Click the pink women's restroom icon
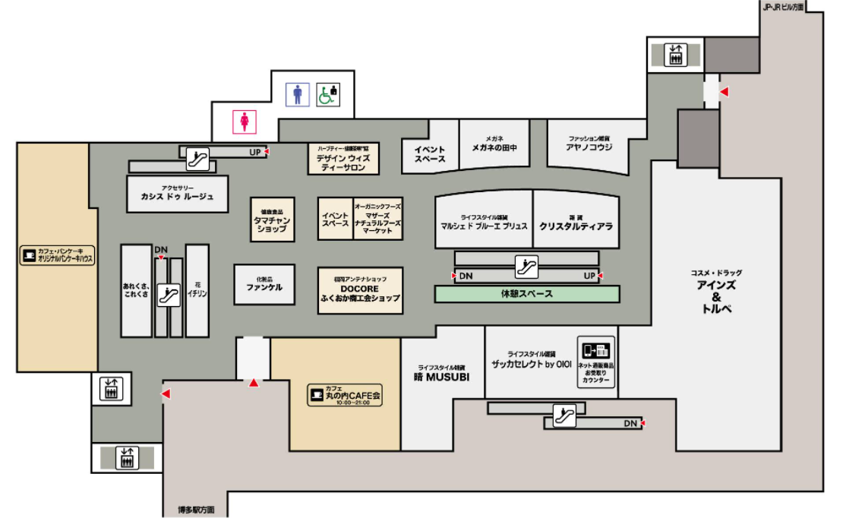(245, 120)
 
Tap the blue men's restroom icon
(298, 94)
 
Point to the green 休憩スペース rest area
(526, 294)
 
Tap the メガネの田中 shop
(494, 145)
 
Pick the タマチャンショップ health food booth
(272, 220)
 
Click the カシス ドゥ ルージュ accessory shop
(178, 194)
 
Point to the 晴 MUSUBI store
(443, 374)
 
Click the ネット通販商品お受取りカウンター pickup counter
(595, 362)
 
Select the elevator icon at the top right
(675, 55)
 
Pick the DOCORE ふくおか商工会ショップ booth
(360, 289)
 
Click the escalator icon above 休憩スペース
(526, 267)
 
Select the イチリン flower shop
(197, 290)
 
